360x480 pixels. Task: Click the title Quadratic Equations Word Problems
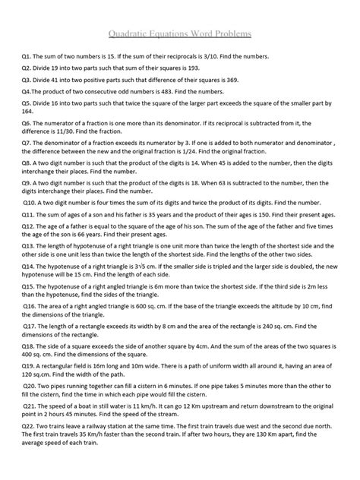pyautogui.click(x=180, y=35)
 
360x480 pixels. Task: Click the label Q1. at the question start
pyautogui.click(x=28, y=58)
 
